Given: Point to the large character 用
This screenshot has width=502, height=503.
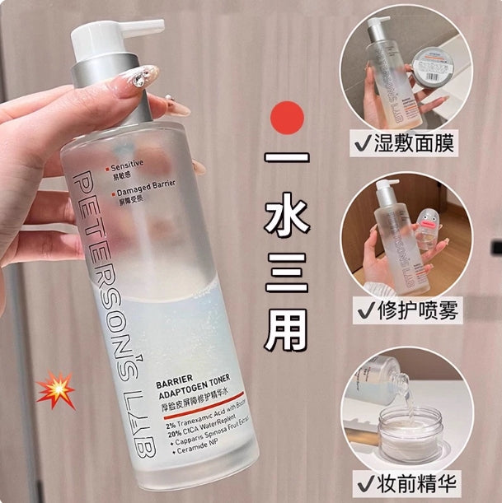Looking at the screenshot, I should click(x=288, y=326).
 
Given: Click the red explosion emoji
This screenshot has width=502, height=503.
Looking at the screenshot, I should click(x=55, y=388).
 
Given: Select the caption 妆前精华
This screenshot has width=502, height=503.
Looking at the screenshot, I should click(x=428, y=480).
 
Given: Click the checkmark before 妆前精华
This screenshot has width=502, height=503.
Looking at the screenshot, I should click(x=364, y=480).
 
